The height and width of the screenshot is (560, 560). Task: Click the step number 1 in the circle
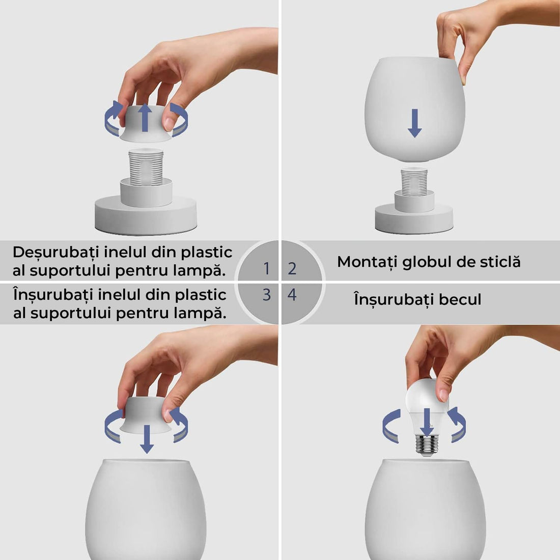[x=266, y=268]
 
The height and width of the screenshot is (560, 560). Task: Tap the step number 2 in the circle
[x=292, y=268]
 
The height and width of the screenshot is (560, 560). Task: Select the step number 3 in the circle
[x=266, y=295]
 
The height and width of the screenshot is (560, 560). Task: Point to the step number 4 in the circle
[x=292, y=295]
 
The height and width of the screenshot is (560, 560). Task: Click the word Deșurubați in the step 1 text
[x=56, y=253]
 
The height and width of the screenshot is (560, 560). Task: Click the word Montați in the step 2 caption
[x=367, y=262]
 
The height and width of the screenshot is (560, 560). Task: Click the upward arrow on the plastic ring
[x=146, y=117]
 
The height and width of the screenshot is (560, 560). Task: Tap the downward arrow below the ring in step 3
[x=147, y=439]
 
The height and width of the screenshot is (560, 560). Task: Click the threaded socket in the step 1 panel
[x=146, y=166]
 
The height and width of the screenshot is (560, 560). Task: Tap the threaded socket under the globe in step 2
[x=414, y=181]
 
